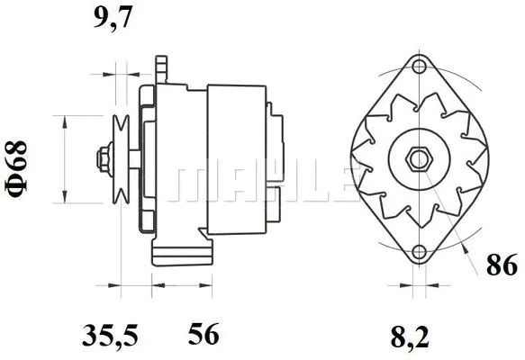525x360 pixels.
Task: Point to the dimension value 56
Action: pos(204,337)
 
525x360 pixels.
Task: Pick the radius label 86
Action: pos(502,265)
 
